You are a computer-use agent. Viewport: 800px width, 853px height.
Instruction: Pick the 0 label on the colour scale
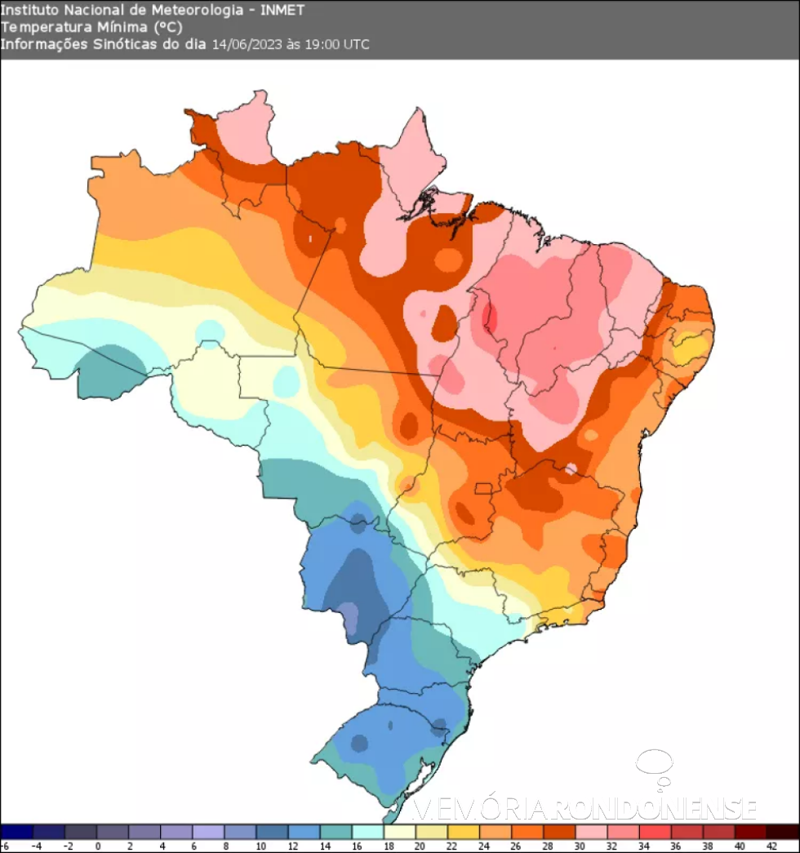(x=97, y=846)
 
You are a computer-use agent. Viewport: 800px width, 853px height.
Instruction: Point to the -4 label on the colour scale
(x=34, y=846)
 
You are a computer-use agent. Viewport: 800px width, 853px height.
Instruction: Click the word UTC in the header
(x=356, y=44)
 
